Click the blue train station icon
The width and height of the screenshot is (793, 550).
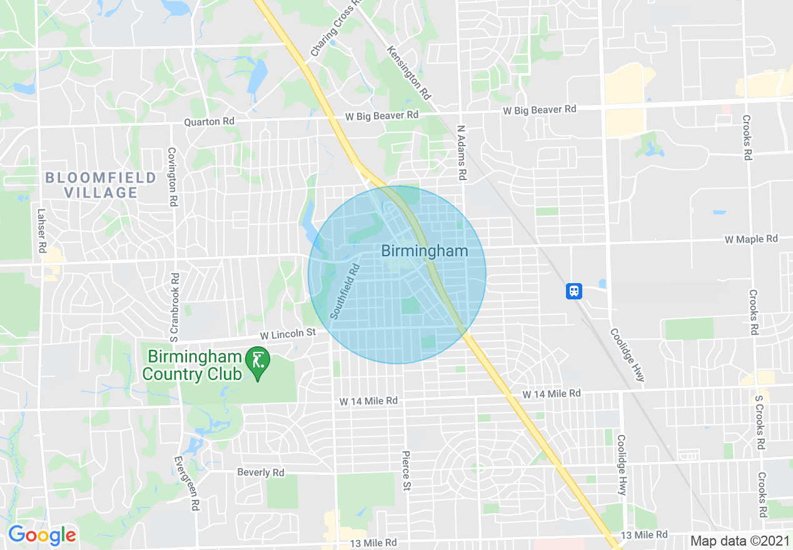(574, 291)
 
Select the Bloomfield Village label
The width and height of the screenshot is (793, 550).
(101, 185)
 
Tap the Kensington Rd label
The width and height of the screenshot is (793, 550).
(409, 72)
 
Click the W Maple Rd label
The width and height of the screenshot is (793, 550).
(751, 239)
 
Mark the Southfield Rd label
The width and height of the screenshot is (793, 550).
(345, 292)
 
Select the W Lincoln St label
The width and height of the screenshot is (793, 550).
(288, 334)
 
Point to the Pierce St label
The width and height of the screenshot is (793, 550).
(406, 471)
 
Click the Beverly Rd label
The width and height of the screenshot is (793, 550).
(261, 472)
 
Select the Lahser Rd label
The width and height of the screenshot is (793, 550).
(41, 231)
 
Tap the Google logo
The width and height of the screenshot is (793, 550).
(42, 535)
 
